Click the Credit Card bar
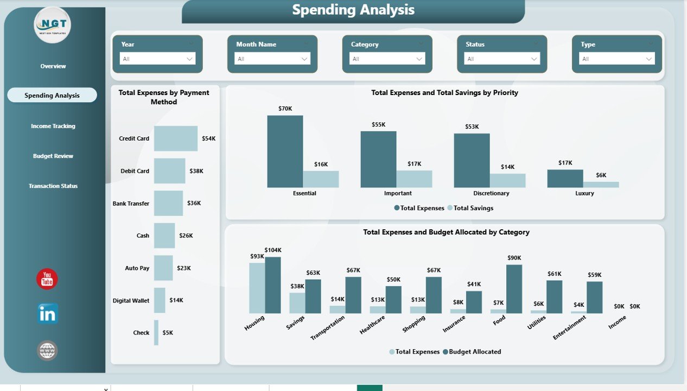(175, 138)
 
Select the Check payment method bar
(156, 332)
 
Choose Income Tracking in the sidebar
(53, 126)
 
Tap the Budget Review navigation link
(53, 156)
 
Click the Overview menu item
(53, 66)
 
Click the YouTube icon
(47, 279)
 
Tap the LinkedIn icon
(47, 314)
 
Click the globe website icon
(47, 350)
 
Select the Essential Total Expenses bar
(285, 152)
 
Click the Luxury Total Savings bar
(601, 185)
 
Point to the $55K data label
(378, 124)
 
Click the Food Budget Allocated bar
(514, 289)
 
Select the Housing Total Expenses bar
(257, 288)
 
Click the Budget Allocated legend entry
(472, 352)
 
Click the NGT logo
(52, 25)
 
